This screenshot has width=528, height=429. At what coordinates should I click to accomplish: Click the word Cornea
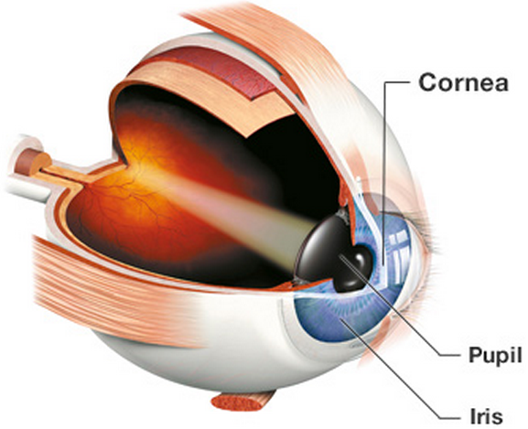[x=463, y=82]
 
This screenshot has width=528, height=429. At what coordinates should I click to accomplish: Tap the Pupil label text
[x=495, y=355]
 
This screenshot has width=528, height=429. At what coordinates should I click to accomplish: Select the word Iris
[x=486, y=416]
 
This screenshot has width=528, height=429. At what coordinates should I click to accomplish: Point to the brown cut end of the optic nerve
[x=29, y=162]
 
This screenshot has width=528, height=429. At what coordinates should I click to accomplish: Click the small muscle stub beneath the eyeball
[x=242, y=401]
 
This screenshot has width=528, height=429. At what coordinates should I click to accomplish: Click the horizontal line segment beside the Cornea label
[x=398, y=81]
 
